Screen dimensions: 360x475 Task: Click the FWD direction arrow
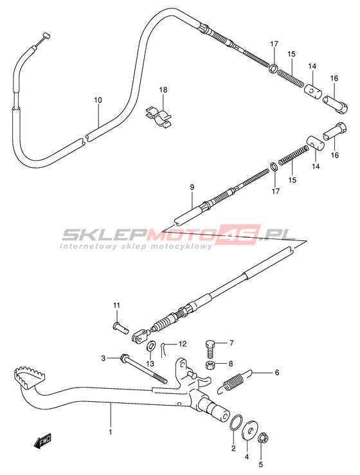[42, 441]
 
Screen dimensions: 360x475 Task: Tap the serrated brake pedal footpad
[29, 375]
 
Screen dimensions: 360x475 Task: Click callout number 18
[163, 90]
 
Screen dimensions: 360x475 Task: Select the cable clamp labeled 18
[159, 116]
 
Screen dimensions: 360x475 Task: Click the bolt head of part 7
[210, 345]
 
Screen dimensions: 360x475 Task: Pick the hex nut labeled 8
[209, 365]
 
